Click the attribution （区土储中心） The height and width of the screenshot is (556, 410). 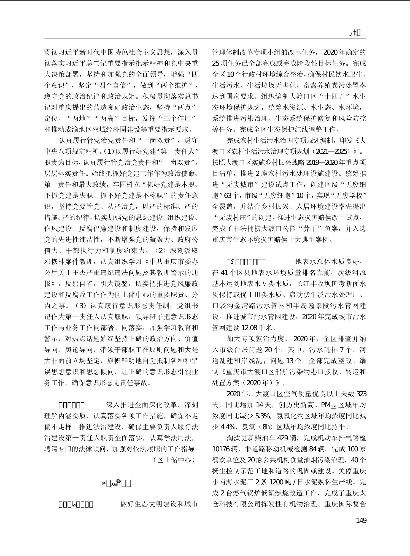click(x=175, y=460)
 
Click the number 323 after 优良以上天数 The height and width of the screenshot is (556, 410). click(x=361, y=394)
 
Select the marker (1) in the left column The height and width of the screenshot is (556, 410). click(x=107, y=151)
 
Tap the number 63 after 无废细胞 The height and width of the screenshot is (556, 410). click(x=228, y=196)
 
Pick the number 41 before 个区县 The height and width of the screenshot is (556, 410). click(x=225, y=273)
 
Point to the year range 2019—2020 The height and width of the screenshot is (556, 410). click(x=322, y=162)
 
